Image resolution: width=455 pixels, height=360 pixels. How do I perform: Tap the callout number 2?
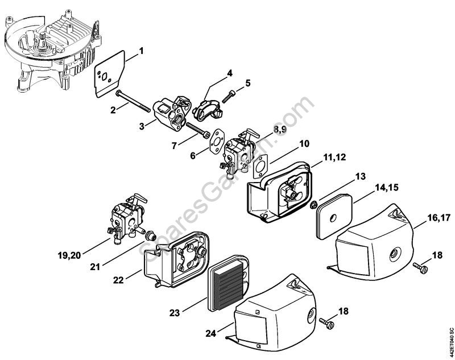tap(114, 109)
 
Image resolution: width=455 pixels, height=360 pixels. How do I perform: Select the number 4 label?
tap(229, 73)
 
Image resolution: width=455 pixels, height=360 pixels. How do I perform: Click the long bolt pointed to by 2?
tap(136, 100)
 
